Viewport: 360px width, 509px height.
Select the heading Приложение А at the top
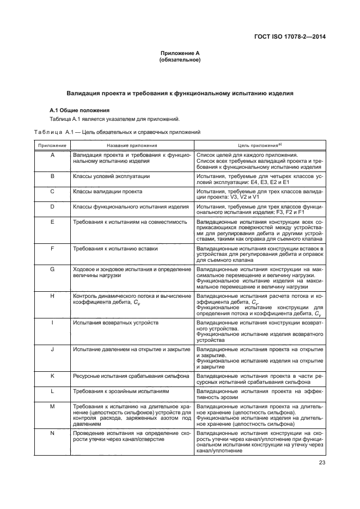tap(180, 53)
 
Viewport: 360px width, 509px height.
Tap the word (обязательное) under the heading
tap(180, 60)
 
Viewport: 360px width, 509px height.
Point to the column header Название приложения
tap(132, 146)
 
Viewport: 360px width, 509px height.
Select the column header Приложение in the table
tap(52, 146)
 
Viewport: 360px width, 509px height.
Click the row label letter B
tap(52, 177)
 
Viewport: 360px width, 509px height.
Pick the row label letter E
tap(52, 222)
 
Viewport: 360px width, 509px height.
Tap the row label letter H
tap(52, 296)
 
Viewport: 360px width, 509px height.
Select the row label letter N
tap(52, 432)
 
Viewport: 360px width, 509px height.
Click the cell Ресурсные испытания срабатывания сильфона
tap(131, 376)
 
